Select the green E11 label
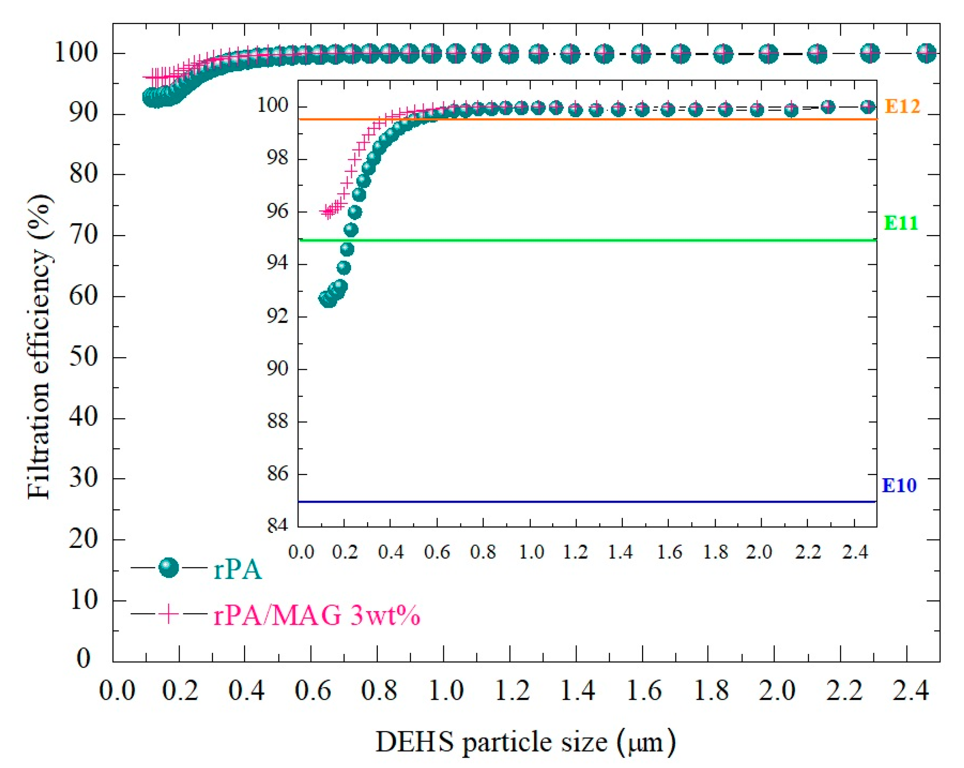(x=901, y=223)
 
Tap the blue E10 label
(x=899, y=485)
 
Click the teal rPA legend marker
(x=169, y=568)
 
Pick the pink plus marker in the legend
(x=169, y=614)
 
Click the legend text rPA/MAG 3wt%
(x=317, y=615)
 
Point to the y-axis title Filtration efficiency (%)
(x=39, y=346)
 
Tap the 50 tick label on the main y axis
(x=84, y=357)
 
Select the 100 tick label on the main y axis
(x=76, y=53)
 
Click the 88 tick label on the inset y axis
(x=277, y=421)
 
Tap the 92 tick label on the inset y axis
(x=277, y=316)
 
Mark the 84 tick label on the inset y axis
(x=277, y=525)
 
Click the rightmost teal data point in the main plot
(x=926, y=53)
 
